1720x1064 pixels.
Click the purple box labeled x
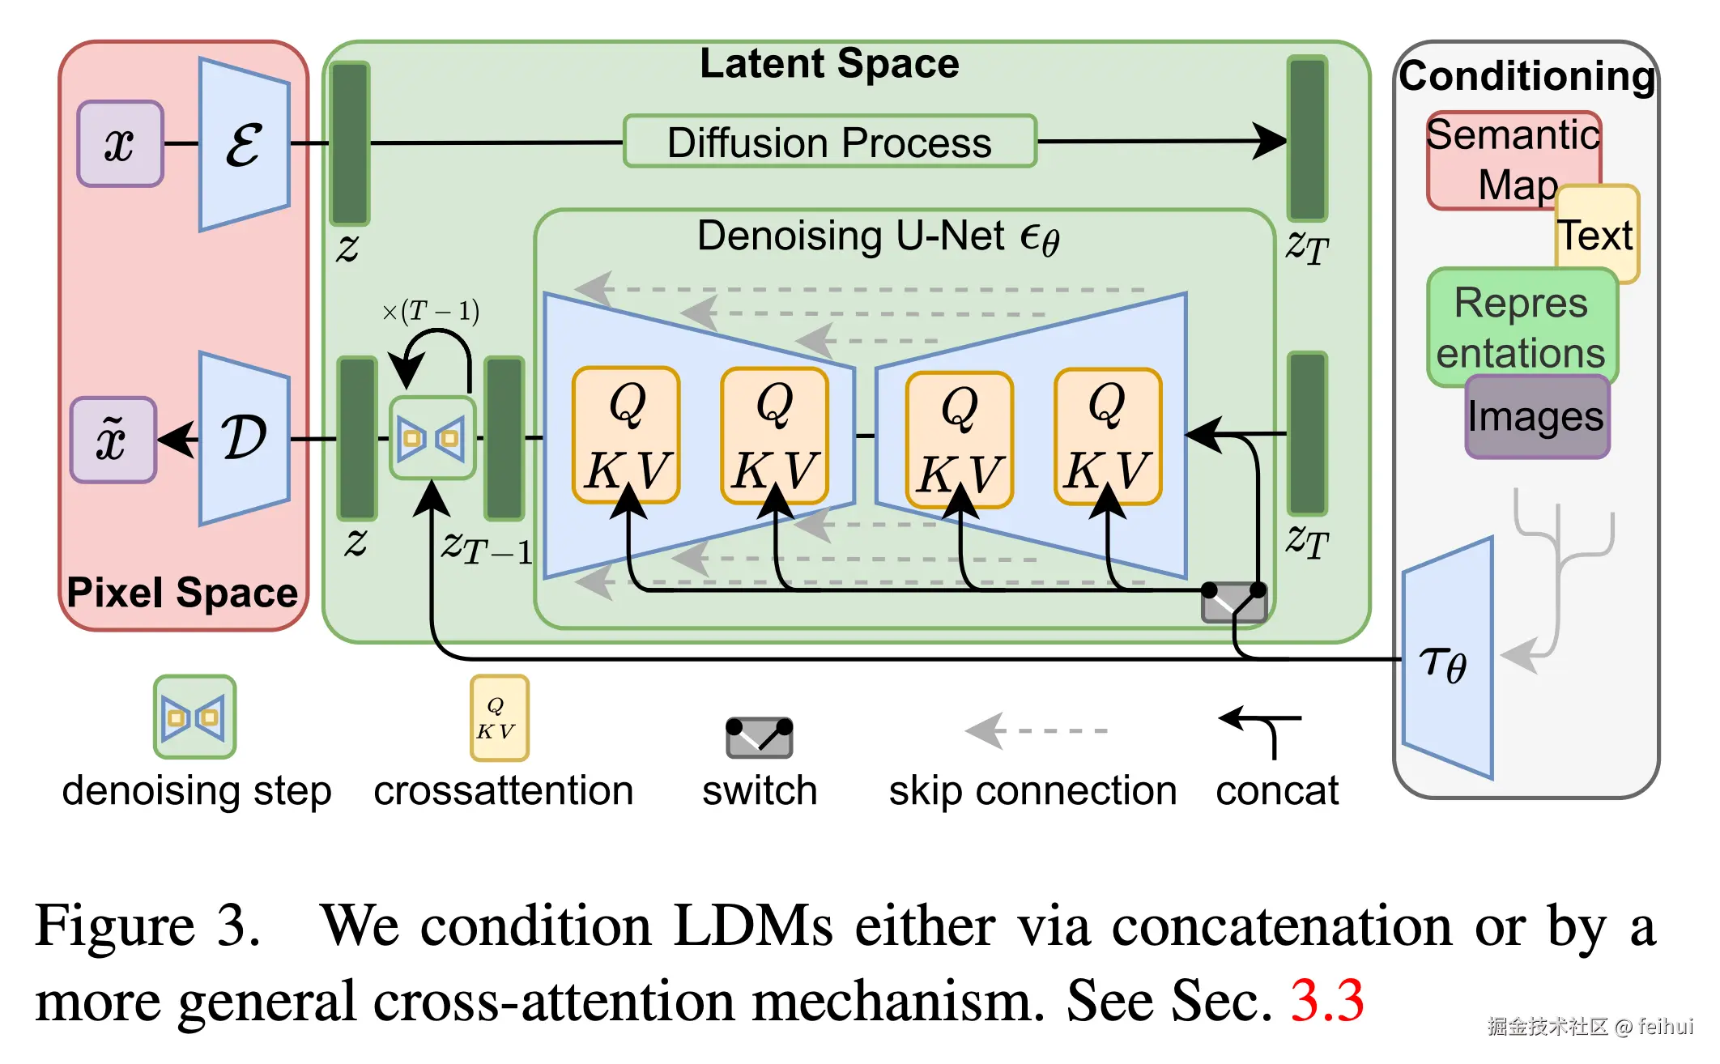tap(121, 144)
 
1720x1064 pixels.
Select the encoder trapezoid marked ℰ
tap(245, 144)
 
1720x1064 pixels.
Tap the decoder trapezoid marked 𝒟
tap(245, 439)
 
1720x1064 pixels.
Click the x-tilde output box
tap(113, 440)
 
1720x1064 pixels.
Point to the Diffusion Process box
tap(830, 142)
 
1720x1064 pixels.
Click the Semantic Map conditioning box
tap(1513, 160)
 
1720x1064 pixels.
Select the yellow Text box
tap(1597, 234)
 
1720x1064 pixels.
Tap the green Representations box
tap(1522, 327)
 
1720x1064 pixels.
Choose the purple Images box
tap(1537, 416)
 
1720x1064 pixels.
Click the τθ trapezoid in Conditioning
tap(1448, 658)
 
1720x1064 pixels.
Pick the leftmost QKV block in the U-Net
tap(626, 435)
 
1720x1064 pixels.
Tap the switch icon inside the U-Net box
tap(1234, 601)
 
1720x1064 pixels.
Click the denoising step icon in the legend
tap(195, 717)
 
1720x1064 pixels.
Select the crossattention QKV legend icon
tap(500, 717)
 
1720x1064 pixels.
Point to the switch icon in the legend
tap(759, 737)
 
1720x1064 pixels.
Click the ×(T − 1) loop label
tap(431, 310)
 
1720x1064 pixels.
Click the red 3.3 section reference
tap(1327, 1001)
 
